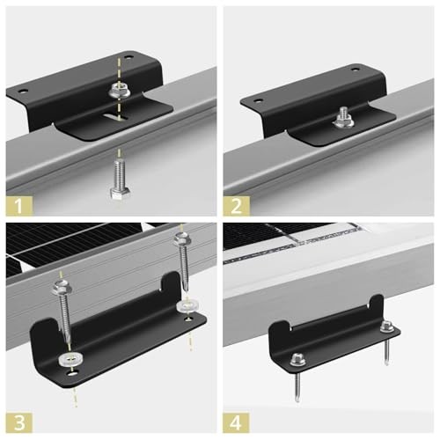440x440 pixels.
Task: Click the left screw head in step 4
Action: [297, 358]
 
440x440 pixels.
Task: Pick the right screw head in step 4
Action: [385, 326]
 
